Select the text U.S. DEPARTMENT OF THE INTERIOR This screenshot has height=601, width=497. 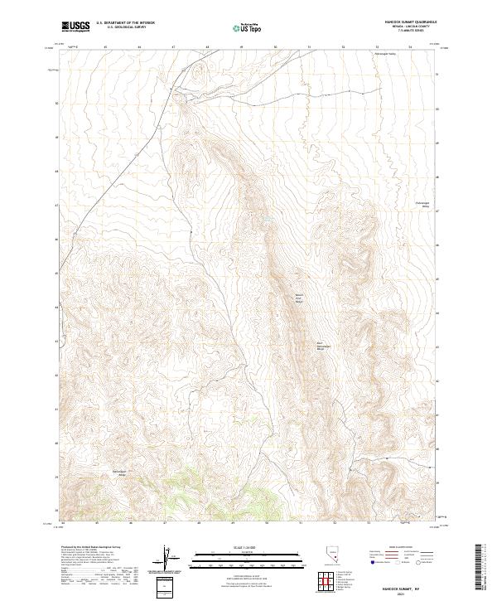125,24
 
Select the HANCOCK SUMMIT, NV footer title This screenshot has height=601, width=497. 408,586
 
